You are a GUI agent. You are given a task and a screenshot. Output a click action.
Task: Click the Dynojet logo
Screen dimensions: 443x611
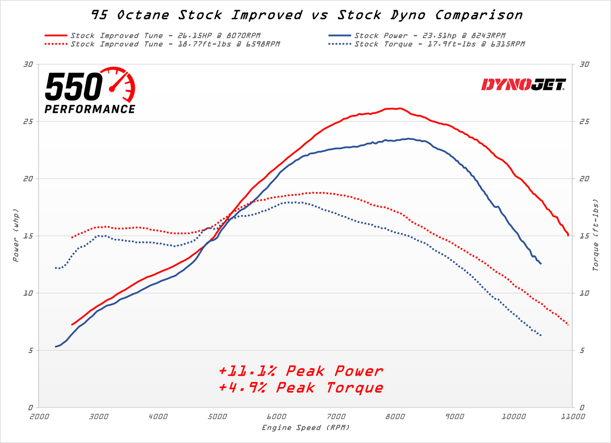coord(523,85)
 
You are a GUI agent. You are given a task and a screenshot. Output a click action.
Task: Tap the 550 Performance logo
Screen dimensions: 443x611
coord(90,91)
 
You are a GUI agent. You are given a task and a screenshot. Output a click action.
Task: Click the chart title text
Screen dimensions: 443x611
coord(307,15)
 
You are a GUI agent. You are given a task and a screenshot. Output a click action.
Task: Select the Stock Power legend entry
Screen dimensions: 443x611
coord(430,36)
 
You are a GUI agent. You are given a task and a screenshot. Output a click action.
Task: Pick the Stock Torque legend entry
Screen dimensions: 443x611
coord(439,44)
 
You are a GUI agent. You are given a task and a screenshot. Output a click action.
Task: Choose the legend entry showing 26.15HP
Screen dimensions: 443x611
coord(165,36)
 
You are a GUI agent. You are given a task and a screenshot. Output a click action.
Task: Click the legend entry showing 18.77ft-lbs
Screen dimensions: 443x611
coord(175,44)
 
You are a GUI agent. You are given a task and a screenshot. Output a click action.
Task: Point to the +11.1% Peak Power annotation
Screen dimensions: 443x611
coord(301,371)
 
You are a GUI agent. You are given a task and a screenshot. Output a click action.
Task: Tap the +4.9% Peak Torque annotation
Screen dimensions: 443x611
coord(301,388)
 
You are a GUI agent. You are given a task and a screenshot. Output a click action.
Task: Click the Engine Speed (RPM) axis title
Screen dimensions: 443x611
coord(306,428)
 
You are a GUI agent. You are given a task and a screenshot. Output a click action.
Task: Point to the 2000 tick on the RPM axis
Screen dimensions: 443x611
coord(39,416)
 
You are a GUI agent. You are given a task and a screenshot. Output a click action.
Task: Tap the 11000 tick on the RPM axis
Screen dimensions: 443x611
coord(572,416)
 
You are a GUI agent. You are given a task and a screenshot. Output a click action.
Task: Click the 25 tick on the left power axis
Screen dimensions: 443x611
coord(28,122)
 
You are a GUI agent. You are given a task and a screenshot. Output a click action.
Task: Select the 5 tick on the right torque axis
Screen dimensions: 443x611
coord(582,350)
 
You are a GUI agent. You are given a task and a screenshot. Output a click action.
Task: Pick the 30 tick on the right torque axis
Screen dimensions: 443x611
coord(584,64)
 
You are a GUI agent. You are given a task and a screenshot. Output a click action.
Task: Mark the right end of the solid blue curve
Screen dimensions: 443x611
coord(541,264)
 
